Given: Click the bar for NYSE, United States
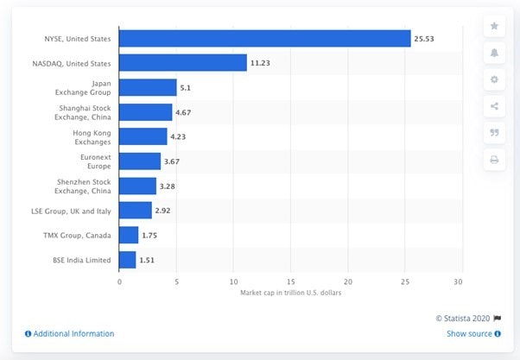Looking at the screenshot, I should pyautogui.click(x=264, y=38).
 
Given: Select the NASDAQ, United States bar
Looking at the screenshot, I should pyautogui.click(x=182, y=62).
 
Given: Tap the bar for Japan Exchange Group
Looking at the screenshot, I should pyautogui.click(x=148, y=87).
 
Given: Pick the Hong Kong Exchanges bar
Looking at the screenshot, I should pyautogui.click(x=143, y=136).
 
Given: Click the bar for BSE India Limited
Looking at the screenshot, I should pyautogui.click(x=127, y=259).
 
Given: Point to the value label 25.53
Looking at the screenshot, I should pyautogui.click(x=424, y=38).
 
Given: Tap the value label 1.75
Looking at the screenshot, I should pyautogui.click(x=152, y=235).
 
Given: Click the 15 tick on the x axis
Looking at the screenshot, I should pyautogui.click(x=290, y=281).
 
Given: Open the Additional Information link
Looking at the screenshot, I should pyautogui.click(x=73, y=333).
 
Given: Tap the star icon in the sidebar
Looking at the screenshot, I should pyautogui.click(x=494, y=26).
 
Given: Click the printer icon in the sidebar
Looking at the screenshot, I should pyautogui.click(x=494, y=160).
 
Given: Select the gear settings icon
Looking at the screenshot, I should pyautogui.click(x=494, y=79).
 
